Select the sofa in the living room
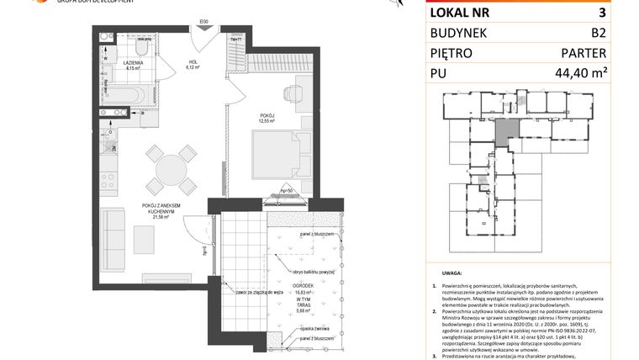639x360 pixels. tap(113, 233)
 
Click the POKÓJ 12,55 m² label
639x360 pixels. tap(268, 119)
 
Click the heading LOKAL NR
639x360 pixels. tap(459, 12)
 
